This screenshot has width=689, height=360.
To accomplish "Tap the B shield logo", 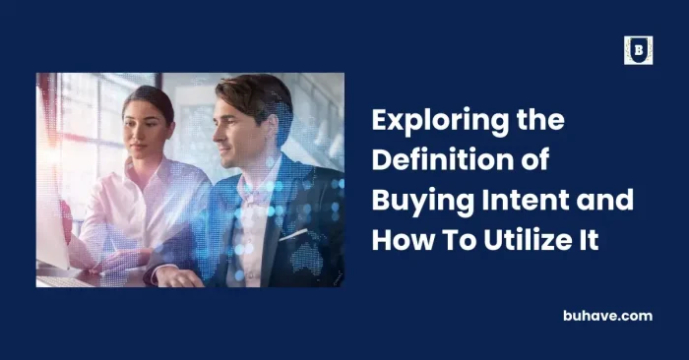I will [x=638, y=50].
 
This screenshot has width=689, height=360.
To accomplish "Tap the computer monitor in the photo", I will [x=51, y=177].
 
